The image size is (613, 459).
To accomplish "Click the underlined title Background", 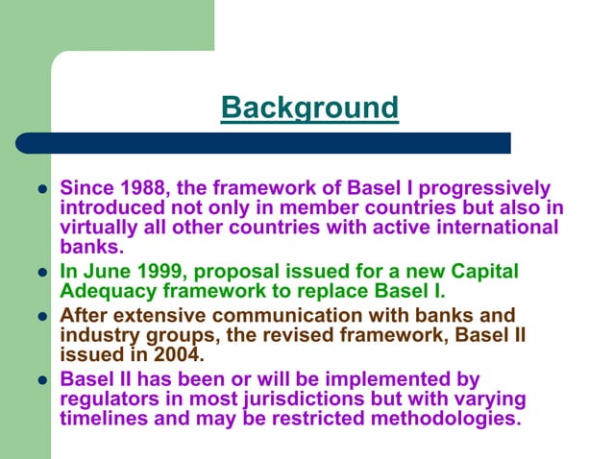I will point(309,108).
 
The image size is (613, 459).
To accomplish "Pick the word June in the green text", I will point(107,271).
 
